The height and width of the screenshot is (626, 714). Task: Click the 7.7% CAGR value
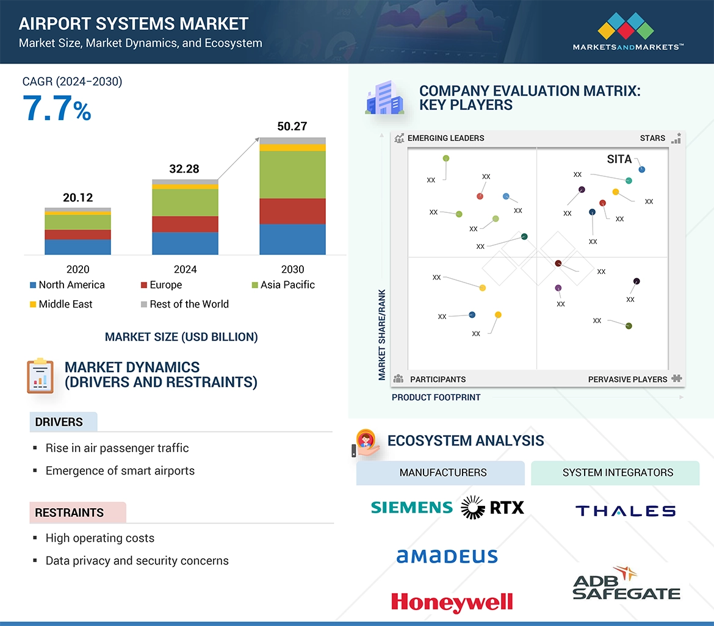point(57,108)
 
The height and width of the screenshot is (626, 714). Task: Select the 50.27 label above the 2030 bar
point(292,126)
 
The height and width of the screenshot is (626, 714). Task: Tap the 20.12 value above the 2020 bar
point(78,197)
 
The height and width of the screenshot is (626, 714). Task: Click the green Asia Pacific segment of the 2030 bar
point(292,174)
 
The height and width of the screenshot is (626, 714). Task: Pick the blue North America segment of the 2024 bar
point(185,243)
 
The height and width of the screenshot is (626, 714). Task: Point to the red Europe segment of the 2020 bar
point(78,234)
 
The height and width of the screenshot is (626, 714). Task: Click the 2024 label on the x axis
point(185,269)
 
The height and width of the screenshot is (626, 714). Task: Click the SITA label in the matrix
point(619,159)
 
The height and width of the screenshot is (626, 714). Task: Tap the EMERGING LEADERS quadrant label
point(445,138)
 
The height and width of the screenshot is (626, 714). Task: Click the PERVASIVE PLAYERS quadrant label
point(627,379)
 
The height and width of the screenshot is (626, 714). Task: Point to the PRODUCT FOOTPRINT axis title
point(436,397)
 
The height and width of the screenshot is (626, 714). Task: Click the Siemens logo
point(412,507)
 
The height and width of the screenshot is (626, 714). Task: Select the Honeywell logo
point(452,602)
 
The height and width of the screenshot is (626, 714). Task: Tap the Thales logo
point(626,511)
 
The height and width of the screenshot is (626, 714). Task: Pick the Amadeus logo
point(447,556)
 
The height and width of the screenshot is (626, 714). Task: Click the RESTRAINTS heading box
point(78,513)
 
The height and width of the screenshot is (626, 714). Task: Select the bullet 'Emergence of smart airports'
point(120,470)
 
